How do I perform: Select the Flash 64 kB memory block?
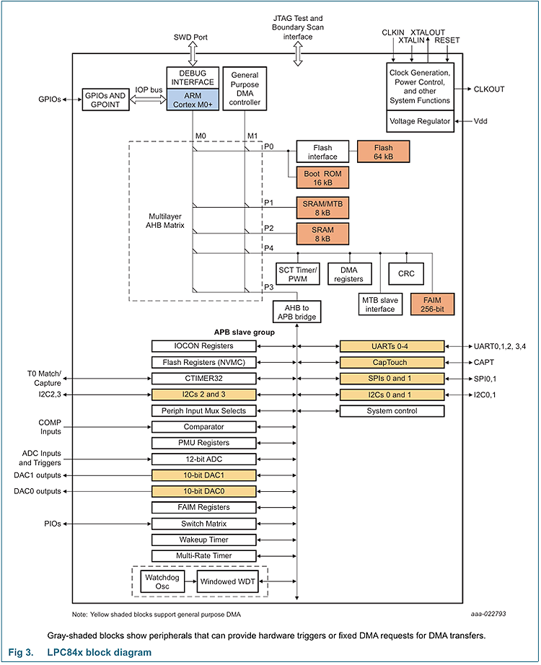click(384, 151)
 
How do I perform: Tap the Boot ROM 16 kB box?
click(321, 177)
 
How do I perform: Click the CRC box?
click(406, 273)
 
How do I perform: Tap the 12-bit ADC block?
click(204, 459)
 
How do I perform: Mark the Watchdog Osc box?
click(157, 581)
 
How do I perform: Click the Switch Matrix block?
click(204, 524)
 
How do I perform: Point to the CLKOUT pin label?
click(489, 89)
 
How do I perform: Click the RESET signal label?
click(447, 40)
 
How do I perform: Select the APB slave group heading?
click(243, 332)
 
